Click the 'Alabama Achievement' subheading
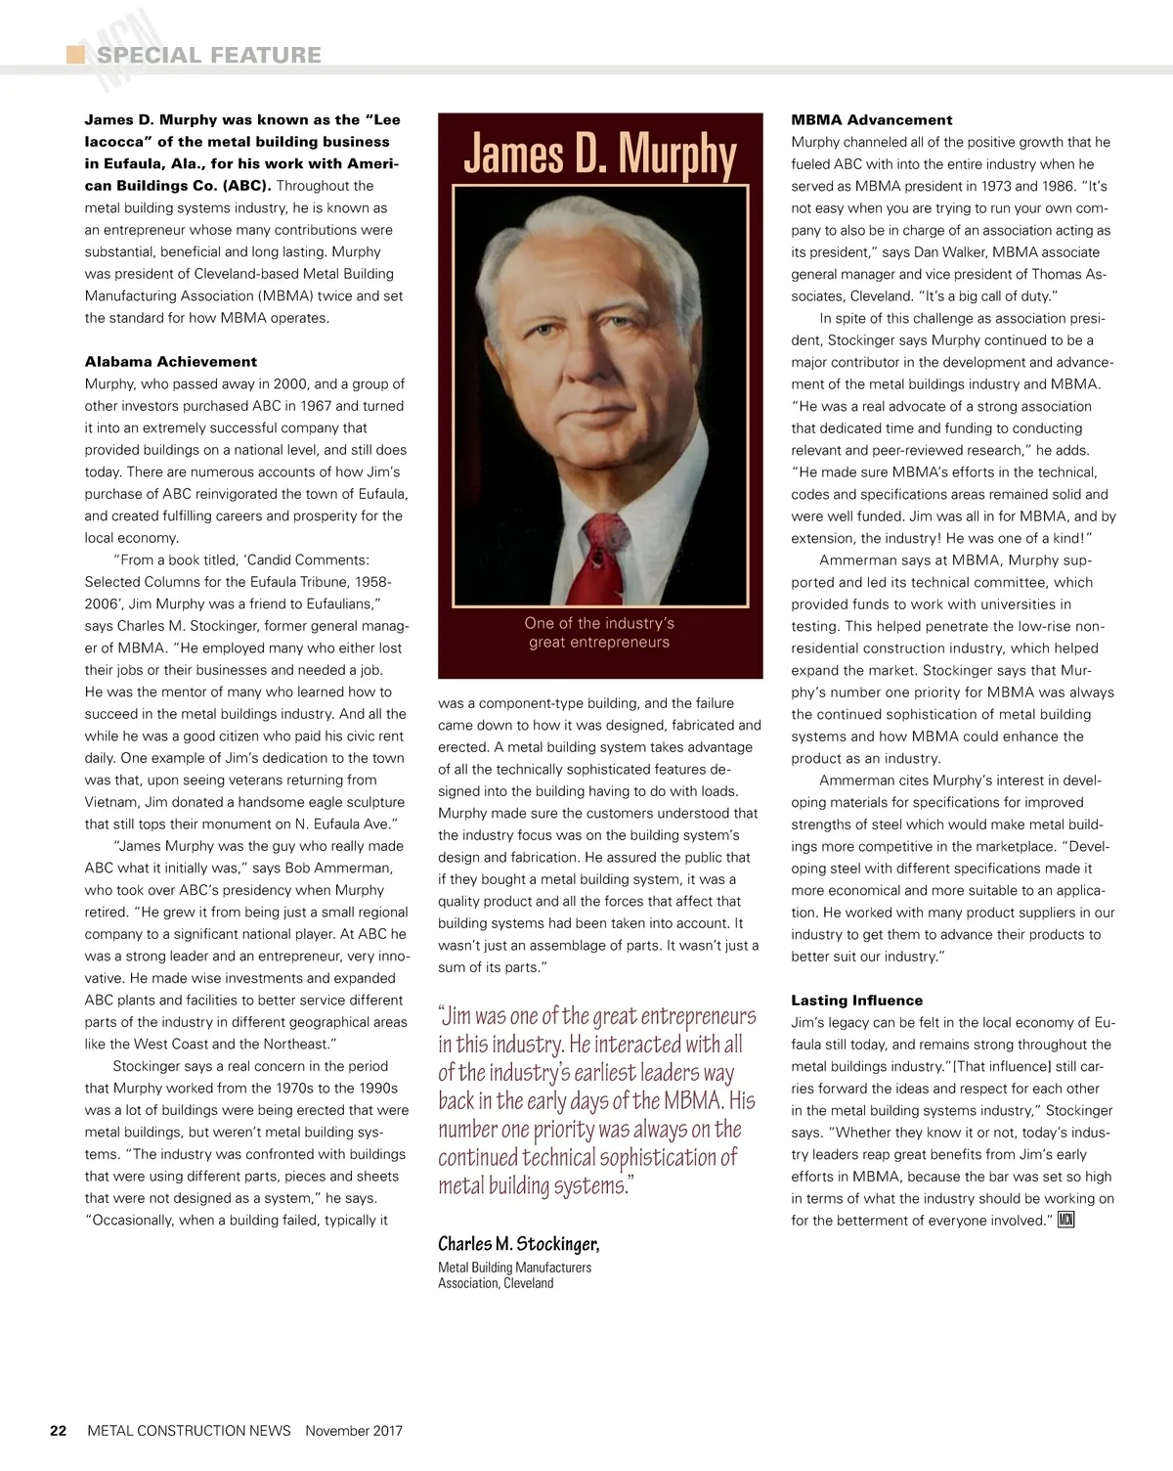tap(171, 362)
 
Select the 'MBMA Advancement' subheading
tap(871, 120)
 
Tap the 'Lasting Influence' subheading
tap(856, 1001)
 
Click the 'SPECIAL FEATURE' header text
tap(208, 55)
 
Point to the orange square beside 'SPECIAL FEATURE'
tap(75, 54)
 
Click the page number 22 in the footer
tap(59, 1430)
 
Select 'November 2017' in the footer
tap(354, 1430)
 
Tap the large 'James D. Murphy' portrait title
tap(599, 155)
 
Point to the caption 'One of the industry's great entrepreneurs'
tap(599, 633)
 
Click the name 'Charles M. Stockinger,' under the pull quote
tap(518, 1244)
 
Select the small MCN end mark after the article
tap(1065, 1220)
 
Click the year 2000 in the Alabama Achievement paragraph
tap(290, 384)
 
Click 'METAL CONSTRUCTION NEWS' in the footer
tap(189, 1430)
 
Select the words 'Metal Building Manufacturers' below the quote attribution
tap(514, 1268)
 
